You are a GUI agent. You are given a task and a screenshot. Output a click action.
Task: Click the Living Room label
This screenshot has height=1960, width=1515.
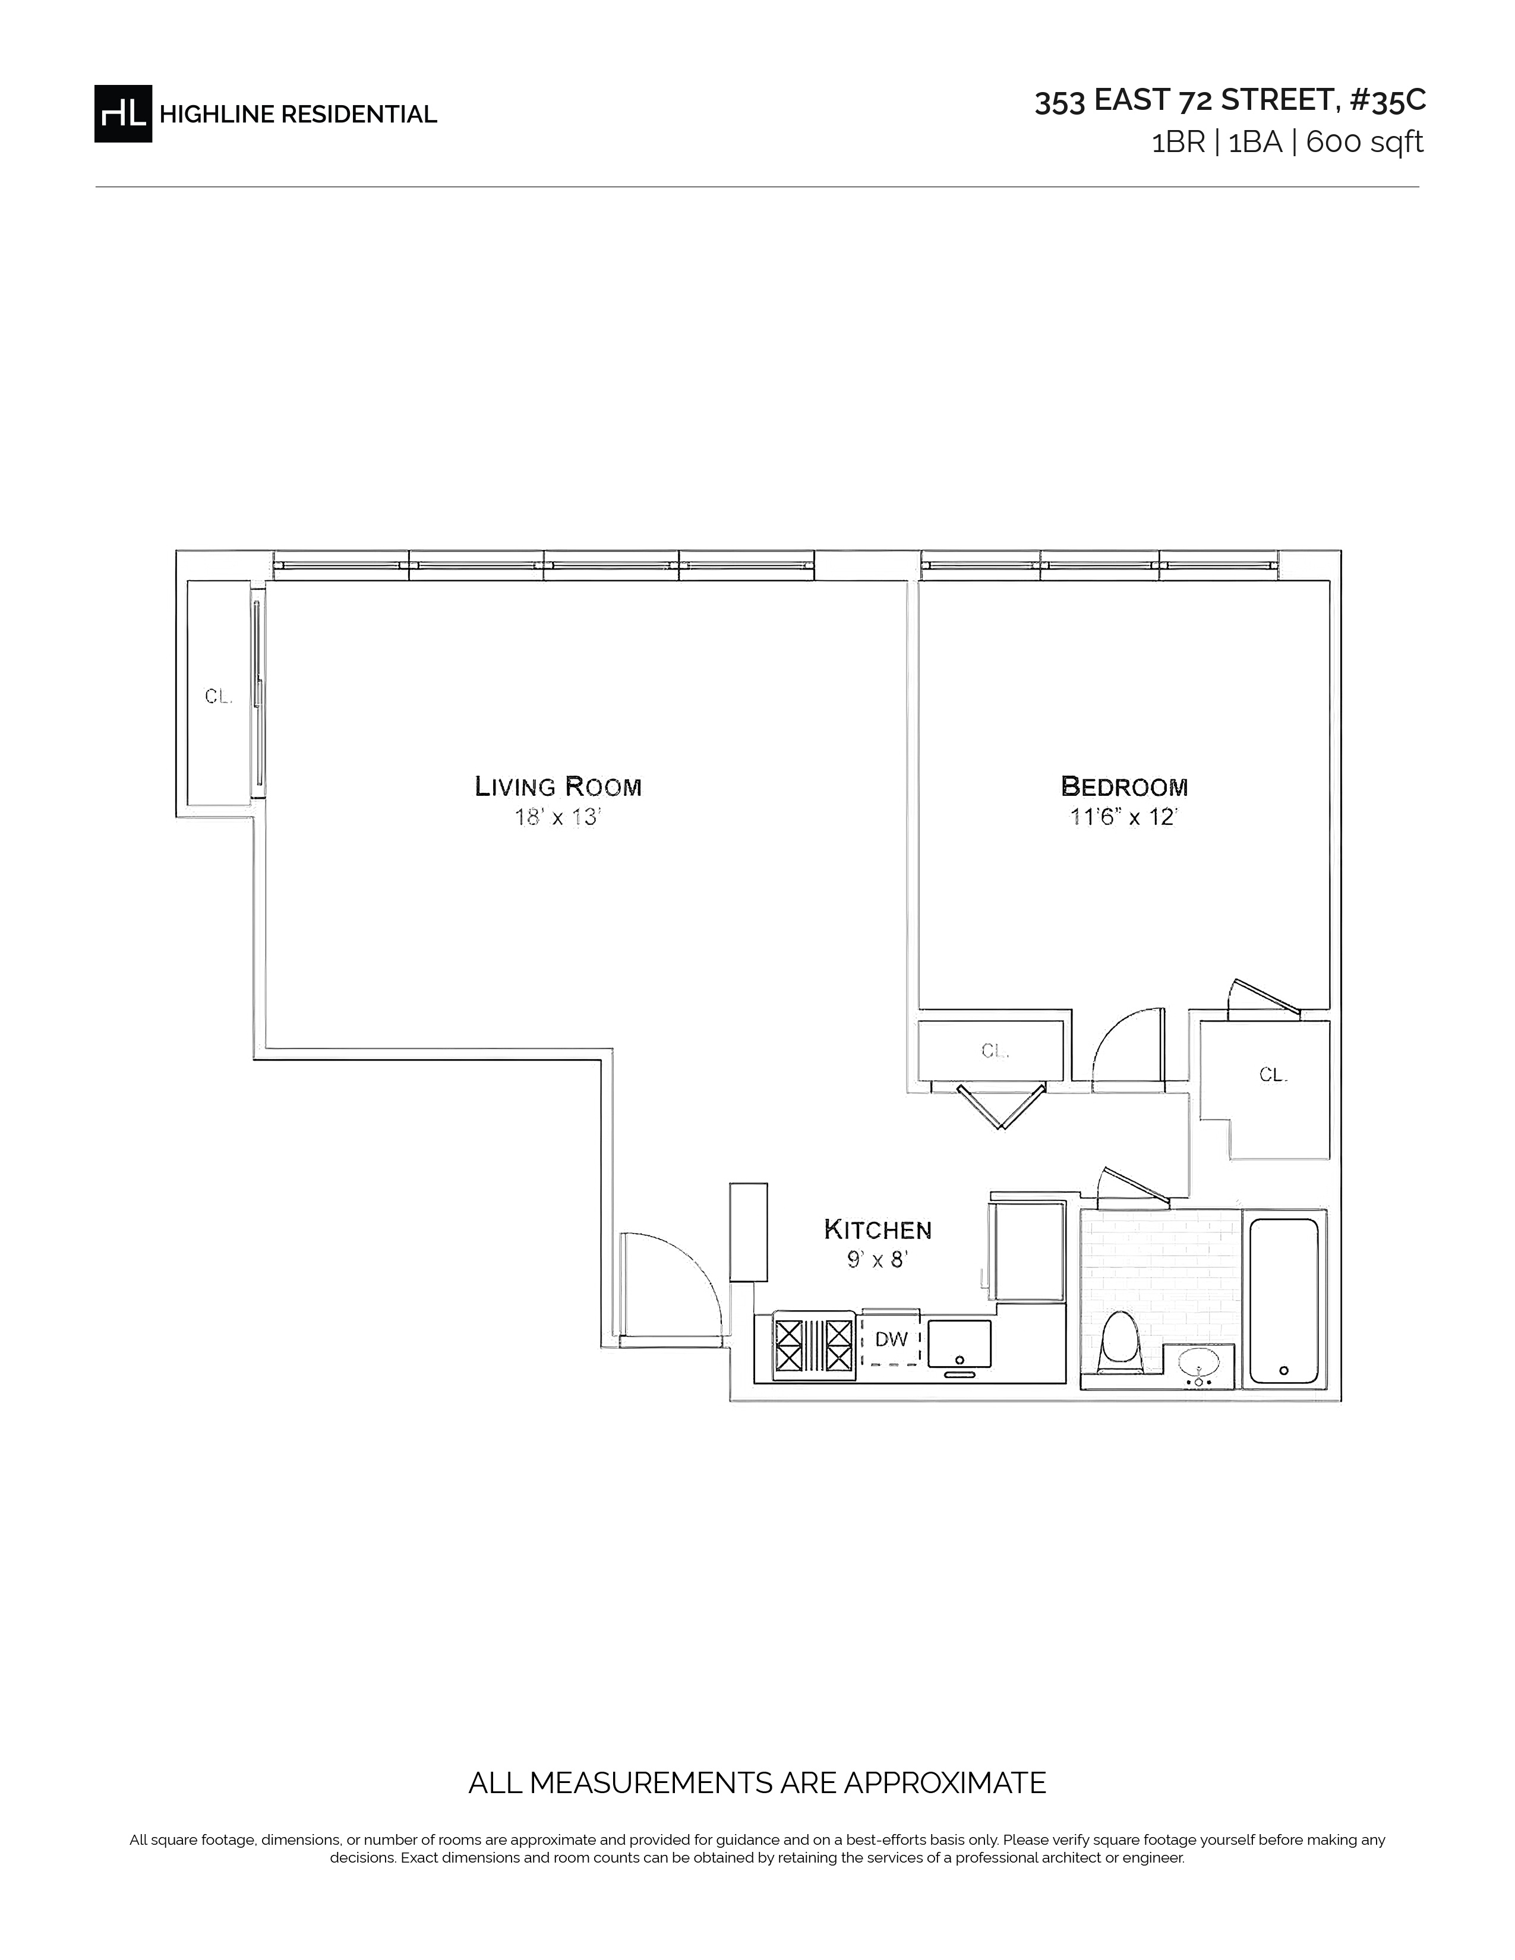[x=558, y=786]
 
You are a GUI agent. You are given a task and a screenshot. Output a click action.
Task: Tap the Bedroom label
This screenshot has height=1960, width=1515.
[x=1125, y=786]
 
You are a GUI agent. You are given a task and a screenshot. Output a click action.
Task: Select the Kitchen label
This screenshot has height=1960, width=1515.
[x=878, y=1229]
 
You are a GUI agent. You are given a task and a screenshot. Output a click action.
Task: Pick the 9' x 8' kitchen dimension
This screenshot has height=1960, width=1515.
[x=878, y=1260]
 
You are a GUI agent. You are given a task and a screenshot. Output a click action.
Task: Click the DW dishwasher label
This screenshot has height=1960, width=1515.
[x=891, y=1340]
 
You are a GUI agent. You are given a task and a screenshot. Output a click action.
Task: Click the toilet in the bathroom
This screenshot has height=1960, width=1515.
[x=1120, y=1342]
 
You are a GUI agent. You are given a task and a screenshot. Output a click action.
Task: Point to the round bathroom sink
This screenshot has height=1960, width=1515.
[x=1198, y=1364]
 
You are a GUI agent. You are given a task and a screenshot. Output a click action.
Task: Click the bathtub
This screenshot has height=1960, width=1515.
[x=1283, y=1301]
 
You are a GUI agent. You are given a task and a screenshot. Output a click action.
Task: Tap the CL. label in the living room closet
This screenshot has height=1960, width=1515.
[x=218, y=697]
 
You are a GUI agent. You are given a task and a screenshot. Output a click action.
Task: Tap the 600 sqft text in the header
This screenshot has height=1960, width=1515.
[x=1364, y=142]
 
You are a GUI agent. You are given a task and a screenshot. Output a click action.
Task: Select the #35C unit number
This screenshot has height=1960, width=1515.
[x=1387, y=100]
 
